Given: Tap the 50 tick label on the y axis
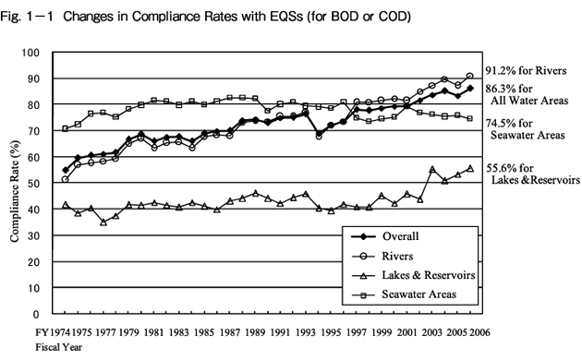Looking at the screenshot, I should [43, 184].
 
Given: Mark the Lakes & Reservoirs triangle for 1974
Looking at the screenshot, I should [65, 204].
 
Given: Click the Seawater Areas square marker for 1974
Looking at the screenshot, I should [65, 128].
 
